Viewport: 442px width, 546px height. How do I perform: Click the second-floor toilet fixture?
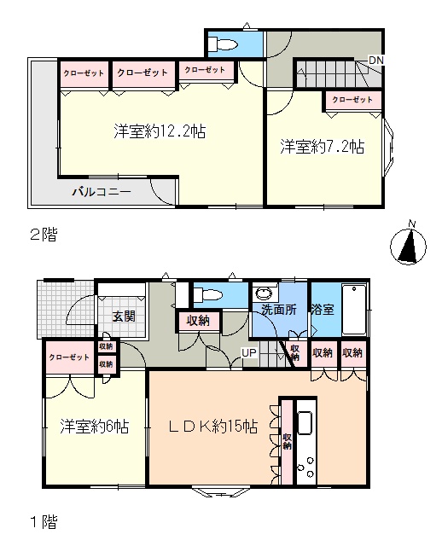(x=223, y=44)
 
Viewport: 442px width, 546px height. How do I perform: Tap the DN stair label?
(x=375, y=61)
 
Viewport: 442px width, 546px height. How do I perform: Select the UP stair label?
(x=249, y=352)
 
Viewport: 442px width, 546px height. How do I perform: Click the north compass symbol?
(x=408, y=243)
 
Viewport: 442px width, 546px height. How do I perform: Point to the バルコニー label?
(x=102, y=191)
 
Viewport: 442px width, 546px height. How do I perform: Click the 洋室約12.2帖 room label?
(x=160, y=131)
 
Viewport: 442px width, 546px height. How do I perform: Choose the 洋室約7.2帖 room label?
(x=323, y=147)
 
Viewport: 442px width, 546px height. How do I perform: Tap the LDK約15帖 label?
(x=212, y=426)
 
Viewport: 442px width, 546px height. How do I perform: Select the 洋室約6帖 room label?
(x=95, y=426)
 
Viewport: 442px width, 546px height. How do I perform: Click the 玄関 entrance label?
(x=124, y=317)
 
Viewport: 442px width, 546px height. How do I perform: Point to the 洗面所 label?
(x=279, y=309)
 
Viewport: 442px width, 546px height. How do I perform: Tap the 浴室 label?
(x=323, y=309)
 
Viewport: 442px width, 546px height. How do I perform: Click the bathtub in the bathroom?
(x=354, y=309)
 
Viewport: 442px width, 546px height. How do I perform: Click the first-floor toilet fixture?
(x=208, y=294)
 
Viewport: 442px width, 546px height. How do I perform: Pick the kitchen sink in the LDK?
(x=305, y=423)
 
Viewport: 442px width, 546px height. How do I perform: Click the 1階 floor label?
(x=44, y=522)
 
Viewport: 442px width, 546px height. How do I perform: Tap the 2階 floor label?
(x=44, y=235)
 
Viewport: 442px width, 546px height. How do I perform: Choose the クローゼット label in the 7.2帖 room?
(x=352, y=100)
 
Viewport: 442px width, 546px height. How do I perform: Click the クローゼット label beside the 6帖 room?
(x=69, y=357)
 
